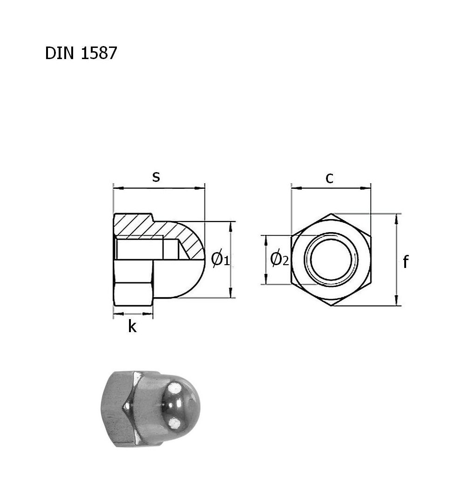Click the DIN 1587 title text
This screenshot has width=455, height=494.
point(81,53)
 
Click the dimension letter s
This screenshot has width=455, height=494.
point(156,177)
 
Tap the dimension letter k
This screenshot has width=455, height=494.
point(132,327)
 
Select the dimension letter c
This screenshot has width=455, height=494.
point(329,178)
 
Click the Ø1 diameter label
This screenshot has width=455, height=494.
point(220,259)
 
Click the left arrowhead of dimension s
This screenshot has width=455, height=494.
point(116,188)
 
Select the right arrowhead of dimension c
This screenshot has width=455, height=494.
point(367,188)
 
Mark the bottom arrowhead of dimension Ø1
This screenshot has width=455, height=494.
point(231,294)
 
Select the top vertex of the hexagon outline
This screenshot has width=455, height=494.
point(332,214)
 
